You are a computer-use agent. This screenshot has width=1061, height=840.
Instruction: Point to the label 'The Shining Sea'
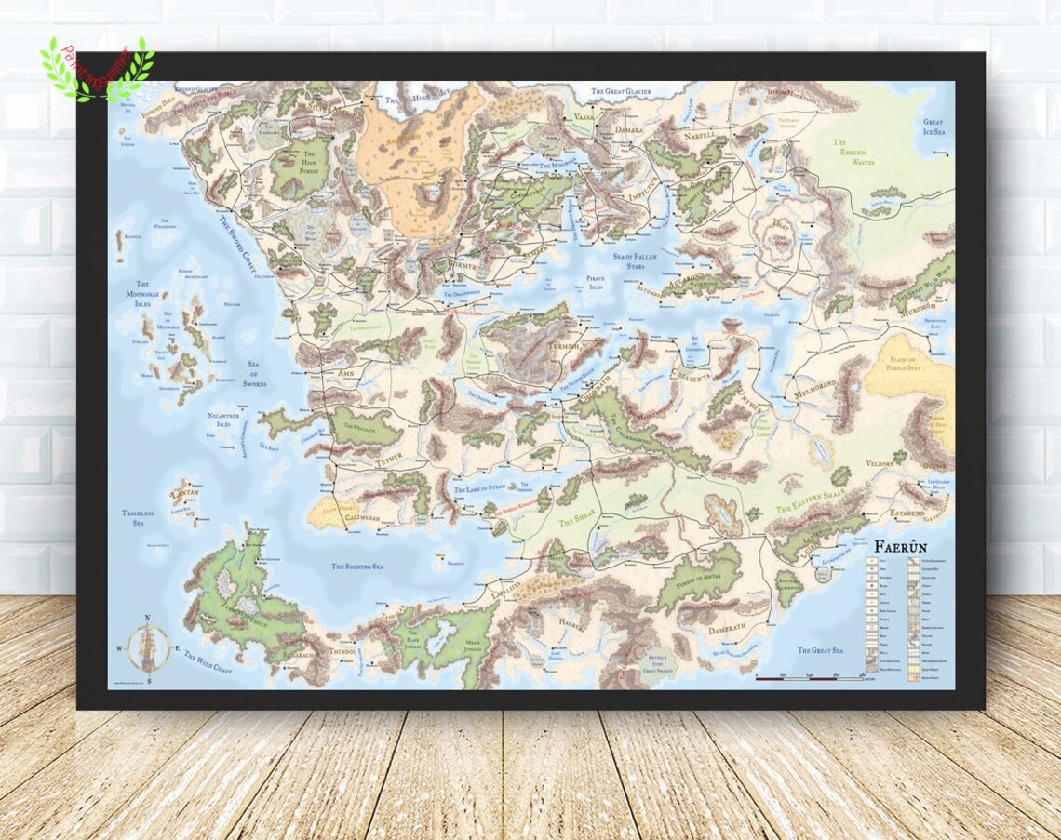358,566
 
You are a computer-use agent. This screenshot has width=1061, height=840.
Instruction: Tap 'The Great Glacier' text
622,92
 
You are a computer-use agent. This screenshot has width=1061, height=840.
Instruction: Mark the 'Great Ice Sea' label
933,127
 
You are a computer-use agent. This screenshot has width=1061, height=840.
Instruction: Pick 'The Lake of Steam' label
480,487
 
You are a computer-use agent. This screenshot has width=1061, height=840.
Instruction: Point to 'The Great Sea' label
819,650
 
